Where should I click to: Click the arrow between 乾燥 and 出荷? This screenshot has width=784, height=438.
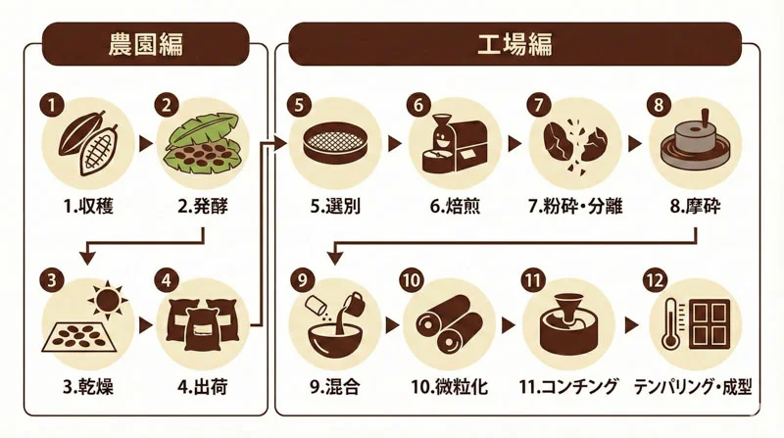click(x=147, y=324)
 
